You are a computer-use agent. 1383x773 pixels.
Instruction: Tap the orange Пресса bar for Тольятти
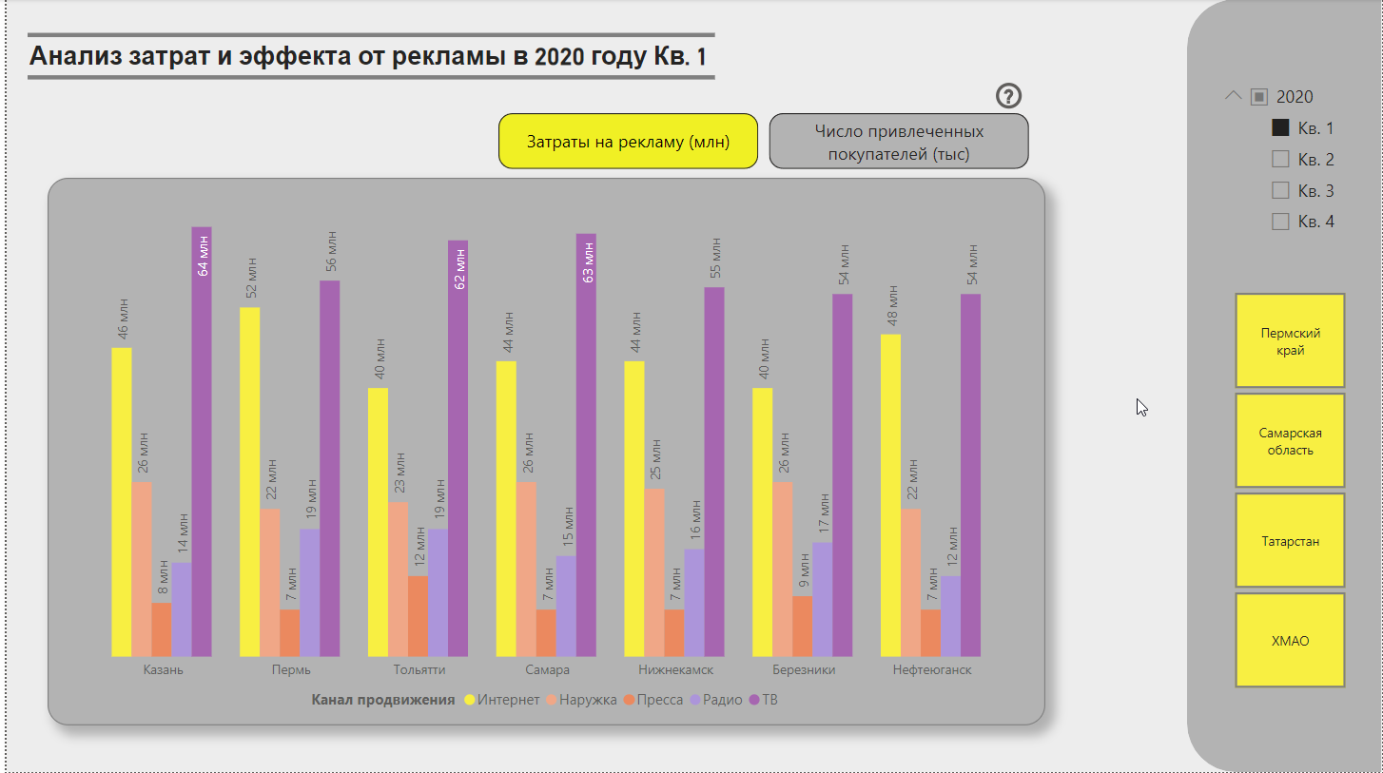419,615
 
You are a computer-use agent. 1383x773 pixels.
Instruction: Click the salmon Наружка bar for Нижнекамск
654,571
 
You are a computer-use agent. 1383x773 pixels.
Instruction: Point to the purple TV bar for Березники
843,474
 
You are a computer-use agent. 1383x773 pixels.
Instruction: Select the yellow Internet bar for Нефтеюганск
890,494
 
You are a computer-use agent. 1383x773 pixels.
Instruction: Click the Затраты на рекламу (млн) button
628,142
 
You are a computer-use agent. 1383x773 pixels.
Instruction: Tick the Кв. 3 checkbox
1280,190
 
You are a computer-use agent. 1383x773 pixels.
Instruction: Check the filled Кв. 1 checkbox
1280,127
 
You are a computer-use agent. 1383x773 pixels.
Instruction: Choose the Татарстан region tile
1290,541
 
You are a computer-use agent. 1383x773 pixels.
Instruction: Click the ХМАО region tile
1290,641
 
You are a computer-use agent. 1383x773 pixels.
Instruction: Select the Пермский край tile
1290,341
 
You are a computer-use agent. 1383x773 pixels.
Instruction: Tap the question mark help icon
1009,95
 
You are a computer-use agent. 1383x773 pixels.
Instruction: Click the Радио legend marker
695,700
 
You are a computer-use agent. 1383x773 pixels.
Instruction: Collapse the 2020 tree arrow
1234,96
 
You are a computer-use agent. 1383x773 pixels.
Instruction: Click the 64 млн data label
203,255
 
